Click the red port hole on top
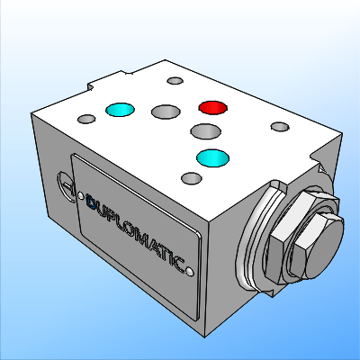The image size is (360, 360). click(213, 108)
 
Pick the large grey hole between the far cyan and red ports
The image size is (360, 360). click(166, 112)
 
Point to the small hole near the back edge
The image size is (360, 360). click(173, 83)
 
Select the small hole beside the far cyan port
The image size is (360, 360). click(86, 118)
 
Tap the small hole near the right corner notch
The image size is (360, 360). click(281, 126)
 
